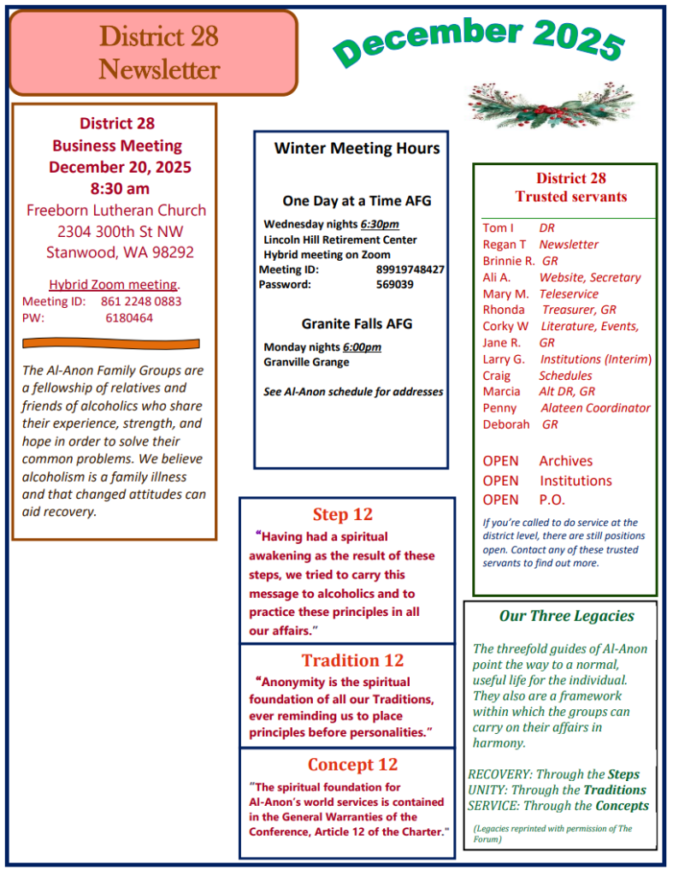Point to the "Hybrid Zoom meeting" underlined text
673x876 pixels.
click(x=113, y=285)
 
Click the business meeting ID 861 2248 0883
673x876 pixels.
click(x=141, y=301)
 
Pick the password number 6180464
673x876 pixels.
click(x=129, y=317)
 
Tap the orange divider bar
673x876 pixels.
click(x=110, y=344)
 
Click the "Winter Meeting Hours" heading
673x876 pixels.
click(x=357, y=148)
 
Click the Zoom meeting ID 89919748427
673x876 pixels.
click(x=410, y=269)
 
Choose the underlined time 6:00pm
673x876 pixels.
click(x=362, y=347)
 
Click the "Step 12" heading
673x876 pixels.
click(x=342, y=515)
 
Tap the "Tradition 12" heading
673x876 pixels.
click(x=352, y=660)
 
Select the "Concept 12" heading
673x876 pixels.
click(x=352, y=765)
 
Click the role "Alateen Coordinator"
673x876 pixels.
click(x=595, y=408)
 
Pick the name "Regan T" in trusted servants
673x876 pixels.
click(x=505, y=245)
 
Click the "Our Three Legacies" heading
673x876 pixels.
click(x=567, y=616)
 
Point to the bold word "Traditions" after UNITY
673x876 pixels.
click(x=614, y=790)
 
